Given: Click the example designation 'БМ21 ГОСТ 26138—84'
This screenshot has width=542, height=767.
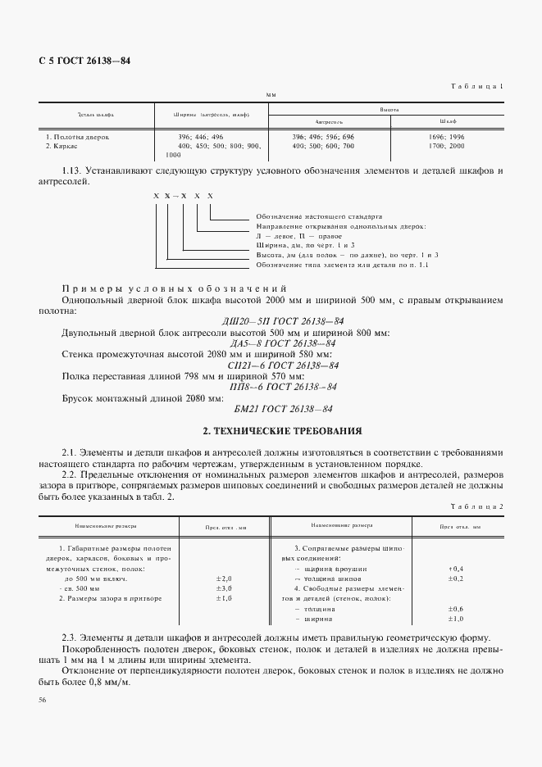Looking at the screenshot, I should point(282,408).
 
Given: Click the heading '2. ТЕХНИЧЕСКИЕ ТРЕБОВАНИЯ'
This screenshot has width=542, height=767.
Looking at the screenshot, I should point(282,430).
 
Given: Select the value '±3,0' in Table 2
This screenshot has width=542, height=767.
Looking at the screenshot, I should point(224,588).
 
